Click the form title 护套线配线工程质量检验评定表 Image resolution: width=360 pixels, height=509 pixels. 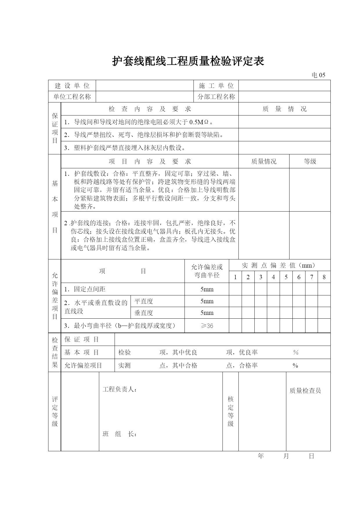188,61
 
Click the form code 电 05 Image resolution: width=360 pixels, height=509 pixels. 318,75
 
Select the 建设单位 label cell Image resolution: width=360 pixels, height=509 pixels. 72,86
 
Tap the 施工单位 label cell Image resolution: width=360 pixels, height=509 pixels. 216,86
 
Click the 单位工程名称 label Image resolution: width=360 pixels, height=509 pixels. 72,97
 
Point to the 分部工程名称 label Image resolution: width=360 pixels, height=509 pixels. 216,97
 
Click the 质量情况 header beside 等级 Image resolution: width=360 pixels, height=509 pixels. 264,161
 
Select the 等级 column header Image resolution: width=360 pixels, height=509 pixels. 310,161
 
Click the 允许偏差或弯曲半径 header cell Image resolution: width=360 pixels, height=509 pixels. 207,271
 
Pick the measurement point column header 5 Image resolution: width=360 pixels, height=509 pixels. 286,277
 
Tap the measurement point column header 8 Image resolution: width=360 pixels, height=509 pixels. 324,277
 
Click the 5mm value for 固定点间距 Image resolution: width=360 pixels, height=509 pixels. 207,289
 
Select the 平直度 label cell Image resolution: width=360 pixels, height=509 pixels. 144,301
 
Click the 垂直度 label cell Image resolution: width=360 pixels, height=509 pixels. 144,313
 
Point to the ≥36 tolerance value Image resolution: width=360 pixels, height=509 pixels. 207,326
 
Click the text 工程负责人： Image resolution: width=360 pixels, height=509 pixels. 120,389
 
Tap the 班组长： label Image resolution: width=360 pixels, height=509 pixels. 120,434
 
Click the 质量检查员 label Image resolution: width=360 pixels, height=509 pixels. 305,391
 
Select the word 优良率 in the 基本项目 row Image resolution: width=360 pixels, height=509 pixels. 248,352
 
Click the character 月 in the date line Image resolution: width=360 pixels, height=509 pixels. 286,456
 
